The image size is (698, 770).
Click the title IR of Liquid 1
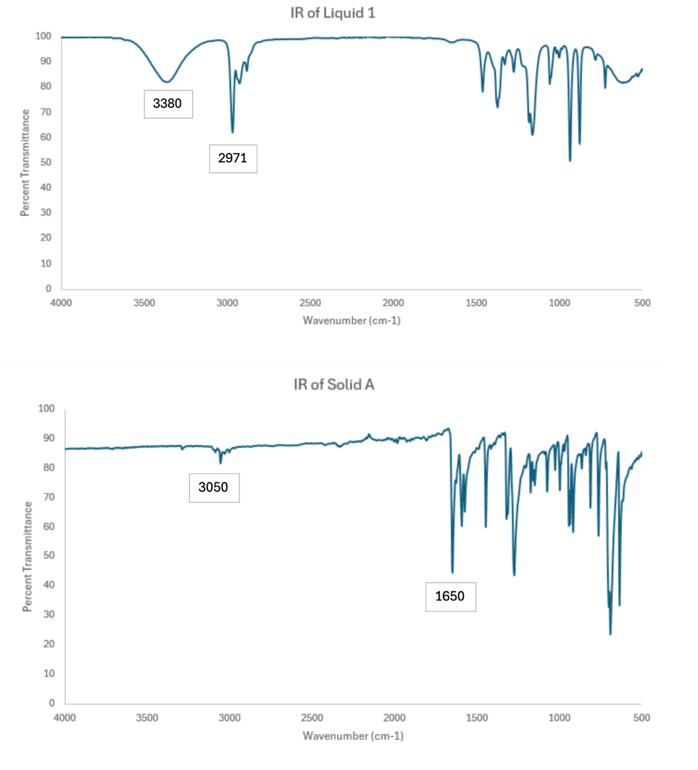pos(333,13)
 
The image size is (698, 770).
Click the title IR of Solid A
pos(334,384)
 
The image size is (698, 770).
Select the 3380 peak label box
pos(168,104)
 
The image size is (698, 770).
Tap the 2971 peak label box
pos(233,158)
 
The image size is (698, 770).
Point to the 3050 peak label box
pos(214,488)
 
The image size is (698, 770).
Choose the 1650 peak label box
pos(450,597)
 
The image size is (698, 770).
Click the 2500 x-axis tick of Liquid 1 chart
pos(310,303)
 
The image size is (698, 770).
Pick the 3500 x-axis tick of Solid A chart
pos(147,718)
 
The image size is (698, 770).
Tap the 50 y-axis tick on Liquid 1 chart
pos(48,162)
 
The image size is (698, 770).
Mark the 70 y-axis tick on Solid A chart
pos(48,497)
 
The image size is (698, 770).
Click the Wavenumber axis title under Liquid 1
pos(352,320)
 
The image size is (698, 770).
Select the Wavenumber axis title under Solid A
pos(353,735)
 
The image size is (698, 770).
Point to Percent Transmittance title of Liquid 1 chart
pos(25,163)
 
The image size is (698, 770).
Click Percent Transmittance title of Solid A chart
pos(28,556)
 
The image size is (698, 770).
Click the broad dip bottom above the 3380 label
pos(168,82)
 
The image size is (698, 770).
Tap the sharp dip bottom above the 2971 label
pos(232,133)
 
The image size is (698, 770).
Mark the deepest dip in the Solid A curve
pos(610,634)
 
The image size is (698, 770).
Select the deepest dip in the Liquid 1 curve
pos(570,161)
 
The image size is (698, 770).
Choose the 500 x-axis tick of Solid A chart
pos(642,718)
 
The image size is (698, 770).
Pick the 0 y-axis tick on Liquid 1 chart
pos(48,289)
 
